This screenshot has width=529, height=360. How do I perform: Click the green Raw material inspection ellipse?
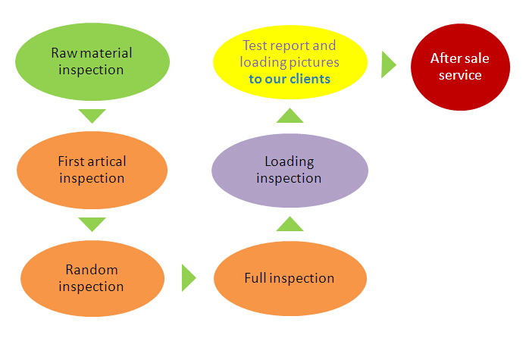pyautogui.click(x=92, y=61)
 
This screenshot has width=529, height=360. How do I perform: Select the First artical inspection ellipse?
pyautogui.click(x=92, y=170)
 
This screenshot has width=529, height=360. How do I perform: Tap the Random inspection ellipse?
pyautogui.click(x=92, y=278)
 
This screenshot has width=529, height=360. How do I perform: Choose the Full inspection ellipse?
pyautogui.click(x=290, y=278)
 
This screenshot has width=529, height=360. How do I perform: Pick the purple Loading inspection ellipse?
pyautogui.click(x=290, y=170)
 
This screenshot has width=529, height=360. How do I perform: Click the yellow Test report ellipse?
pyautogui.click(x=290, y=62)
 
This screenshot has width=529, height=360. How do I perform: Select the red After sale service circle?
pyautogui.click(x=460, y=67)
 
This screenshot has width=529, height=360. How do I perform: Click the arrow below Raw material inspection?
pyautogui.click(x=92, y=116)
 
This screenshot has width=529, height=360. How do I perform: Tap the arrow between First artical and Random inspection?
pyautogui.click(x=92, y=224)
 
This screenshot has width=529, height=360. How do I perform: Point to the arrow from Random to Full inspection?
pyautogui.click(x=189, y=277)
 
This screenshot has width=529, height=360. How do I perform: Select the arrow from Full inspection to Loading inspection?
pyautogui.click(x=290, y=224)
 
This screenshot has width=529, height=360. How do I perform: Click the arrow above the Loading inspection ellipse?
pyautogui.click(x=290, y=115)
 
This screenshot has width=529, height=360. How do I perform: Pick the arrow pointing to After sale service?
pyautogui.click(x=389, y=64)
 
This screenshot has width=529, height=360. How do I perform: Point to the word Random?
pyautogui.click(x=92, y=270)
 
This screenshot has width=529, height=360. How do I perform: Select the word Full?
pyautogui.click(x=255, y=278)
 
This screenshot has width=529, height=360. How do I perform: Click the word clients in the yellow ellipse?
pyautogui.click(x=310, y=79)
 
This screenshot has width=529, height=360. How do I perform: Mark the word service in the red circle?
pyautogui.click(x=460, y=75)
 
